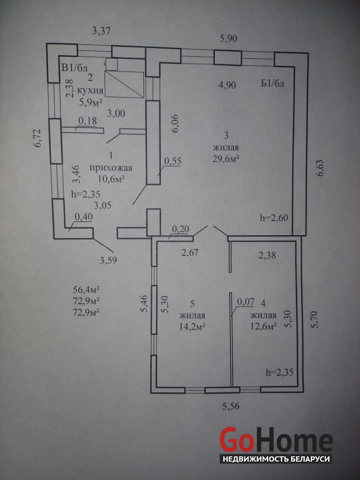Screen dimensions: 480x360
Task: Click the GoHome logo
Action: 275,440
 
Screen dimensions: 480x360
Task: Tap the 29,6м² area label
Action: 226,158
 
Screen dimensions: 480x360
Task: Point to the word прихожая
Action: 107,168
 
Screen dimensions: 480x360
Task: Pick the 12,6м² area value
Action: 263,326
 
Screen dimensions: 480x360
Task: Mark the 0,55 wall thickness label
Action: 172,160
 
